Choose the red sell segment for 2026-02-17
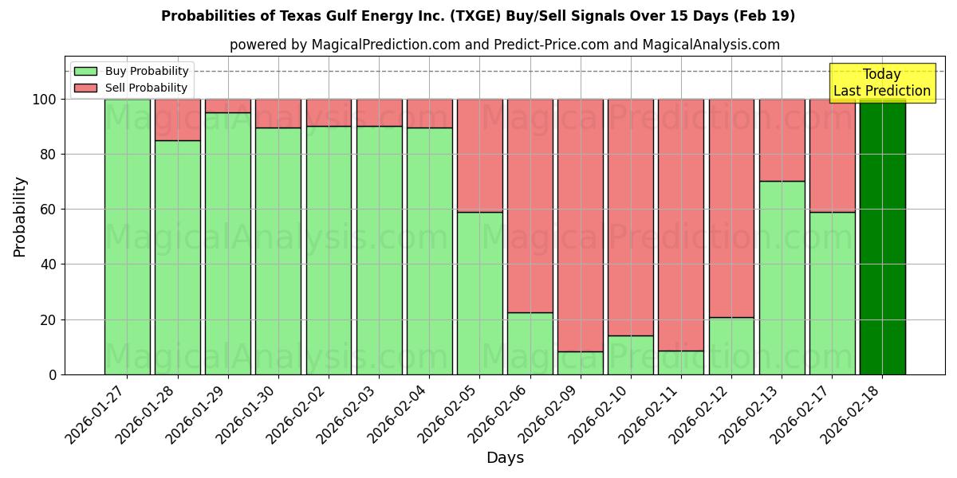(x=832, y=155)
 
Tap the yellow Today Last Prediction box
(x=882, y=83)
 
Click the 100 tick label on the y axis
(x=44, y=100)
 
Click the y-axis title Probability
(x=20, y=216)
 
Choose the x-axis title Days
(x=505, y=458)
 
